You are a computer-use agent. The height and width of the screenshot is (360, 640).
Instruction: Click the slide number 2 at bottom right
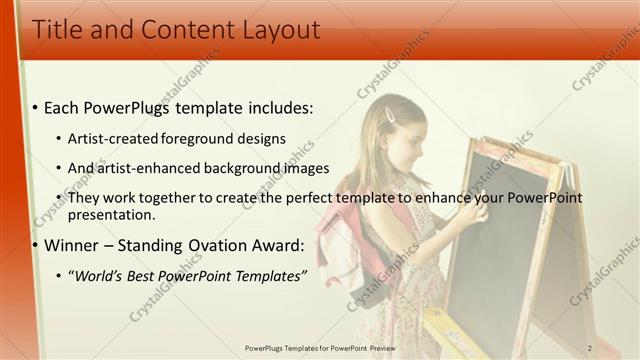pos(590,347)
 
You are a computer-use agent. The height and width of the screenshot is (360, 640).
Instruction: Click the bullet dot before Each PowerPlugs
pos(36,107)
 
